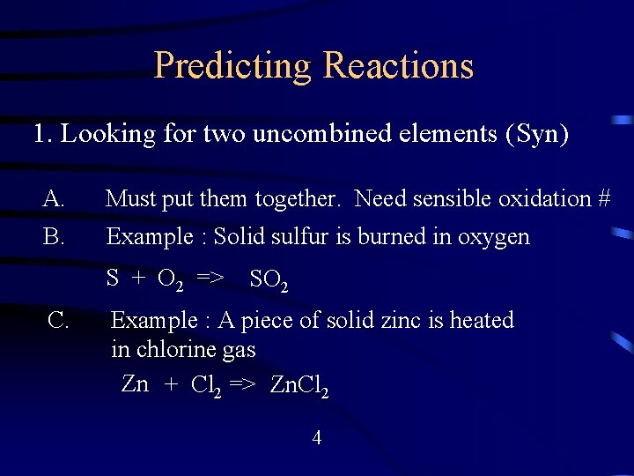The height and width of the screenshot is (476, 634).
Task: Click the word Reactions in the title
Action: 399,66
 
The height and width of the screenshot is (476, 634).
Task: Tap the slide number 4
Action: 317,437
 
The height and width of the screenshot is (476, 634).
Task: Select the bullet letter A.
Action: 53,199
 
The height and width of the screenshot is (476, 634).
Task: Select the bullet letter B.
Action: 53,236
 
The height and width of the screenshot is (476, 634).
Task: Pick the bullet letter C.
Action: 59,320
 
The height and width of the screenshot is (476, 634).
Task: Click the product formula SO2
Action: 269,280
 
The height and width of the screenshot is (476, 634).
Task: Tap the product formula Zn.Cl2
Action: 299,385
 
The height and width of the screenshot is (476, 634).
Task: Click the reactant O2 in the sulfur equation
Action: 170,280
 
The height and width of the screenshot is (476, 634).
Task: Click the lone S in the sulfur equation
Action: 113,279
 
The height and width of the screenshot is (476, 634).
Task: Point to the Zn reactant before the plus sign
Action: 135,384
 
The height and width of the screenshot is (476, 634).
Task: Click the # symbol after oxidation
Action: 603,199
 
